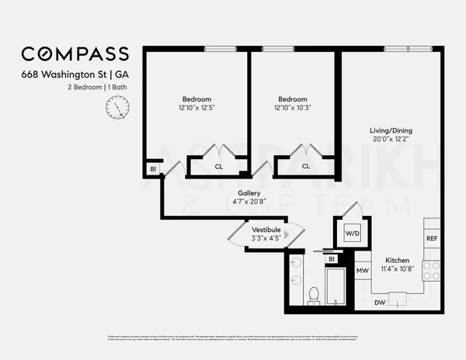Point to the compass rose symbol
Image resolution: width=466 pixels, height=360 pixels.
tap(114, 110)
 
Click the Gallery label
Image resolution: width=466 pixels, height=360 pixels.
tap(249, 193)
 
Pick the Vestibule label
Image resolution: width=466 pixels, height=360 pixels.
tap(266, 229)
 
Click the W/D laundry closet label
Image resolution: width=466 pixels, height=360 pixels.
tap(352, 232)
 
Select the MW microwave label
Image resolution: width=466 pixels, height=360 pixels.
tap(362, 271)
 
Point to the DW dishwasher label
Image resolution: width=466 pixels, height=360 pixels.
tap(380, 302)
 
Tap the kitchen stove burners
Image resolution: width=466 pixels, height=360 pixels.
tap(432, 271)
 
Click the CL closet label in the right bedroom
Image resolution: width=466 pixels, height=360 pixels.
tap(306, 165)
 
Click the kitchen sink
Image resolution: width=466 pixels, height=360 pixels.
tap(398, 298)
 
